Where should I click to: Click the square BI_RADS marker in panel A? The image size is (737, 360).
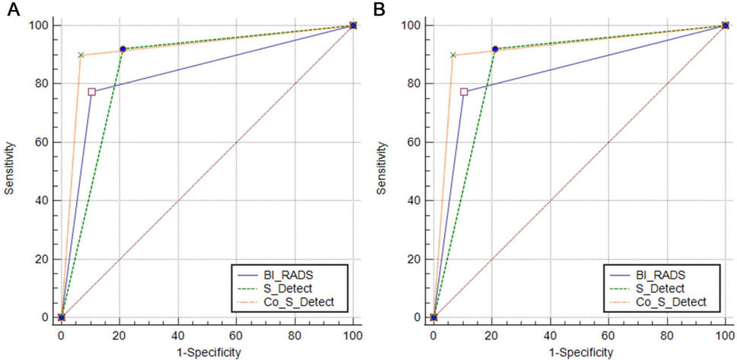coord(91,92)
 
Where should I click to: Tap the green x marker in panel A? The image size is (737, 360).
coord(81,55)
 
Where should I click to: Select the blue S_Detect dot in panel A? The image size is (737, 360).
coord(123,49)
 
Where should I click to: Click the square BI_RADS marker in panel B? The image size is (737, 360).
coord(464,92)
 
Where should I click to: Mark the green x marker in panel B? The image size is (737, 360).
coord(454,55)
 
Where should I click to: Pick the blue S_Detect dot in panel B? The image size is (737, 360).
coord(495,49)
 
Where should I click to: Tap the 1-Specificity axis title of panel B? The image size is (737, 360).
coord(579,352)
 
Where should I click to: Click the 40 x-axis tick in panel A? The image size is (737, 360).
coord(178,333)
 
